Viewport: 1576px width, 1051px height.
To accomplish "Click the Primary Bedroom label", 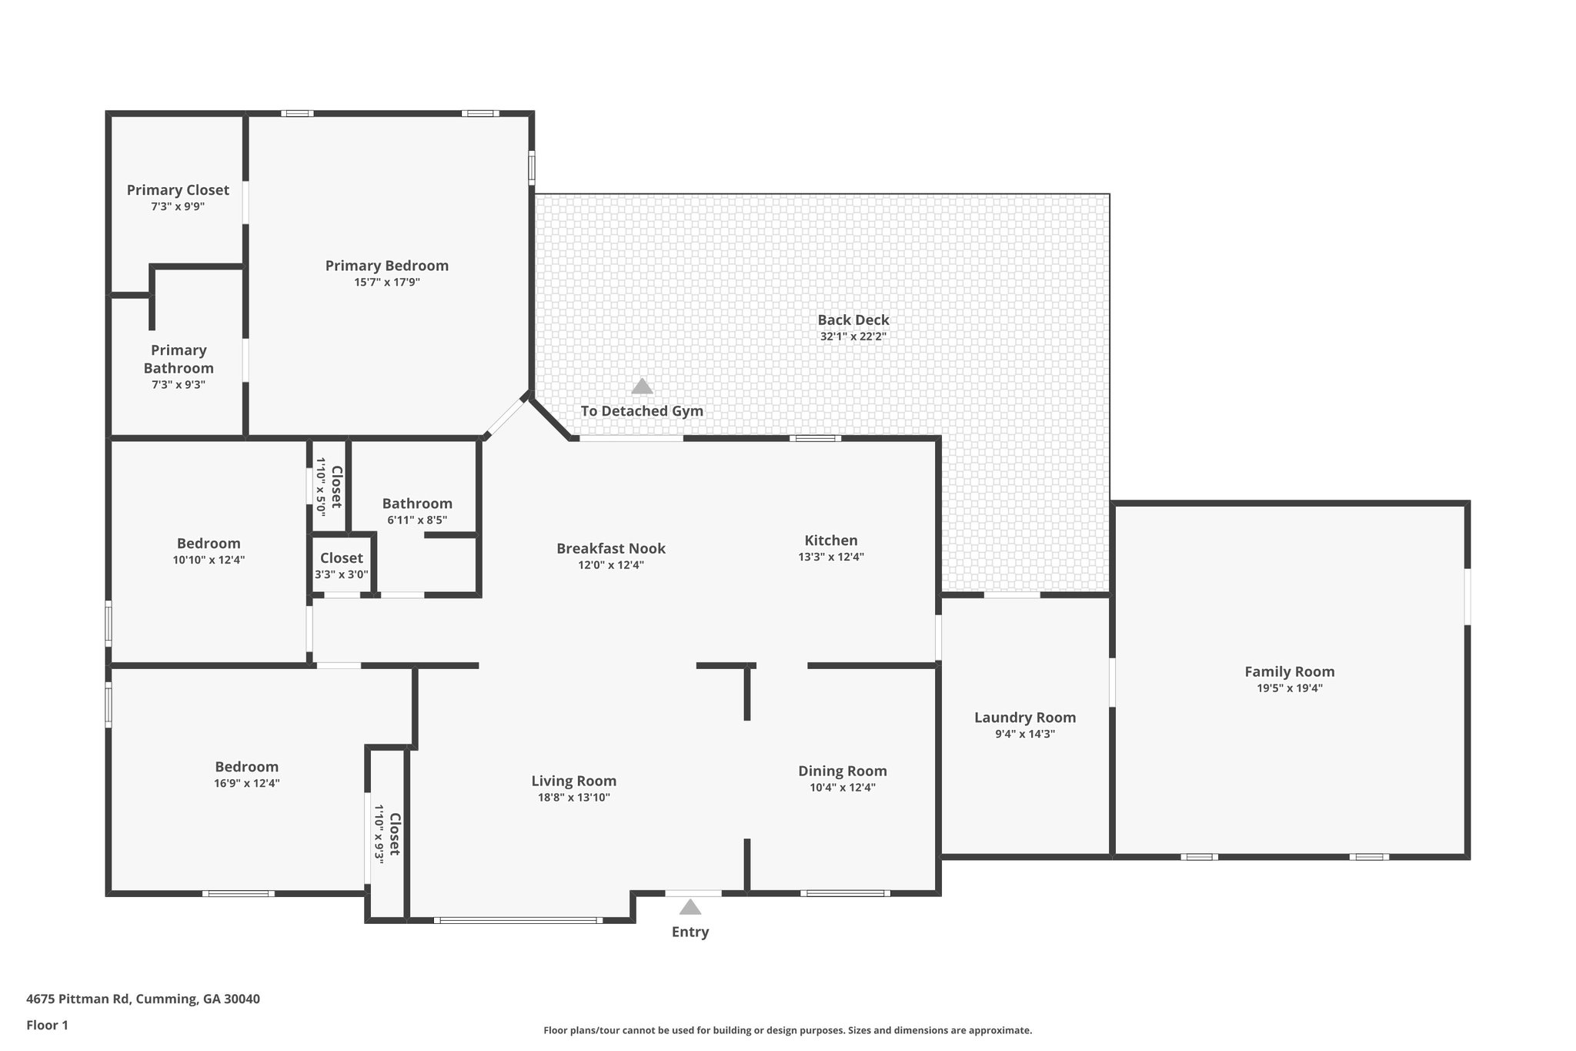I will click(386, 266).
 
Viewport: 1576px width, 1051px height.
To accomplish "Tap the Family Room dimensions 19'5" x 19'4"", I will click(1289, 688).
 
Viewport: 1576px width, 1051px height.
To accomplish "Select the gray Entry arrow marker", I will click(690, 907).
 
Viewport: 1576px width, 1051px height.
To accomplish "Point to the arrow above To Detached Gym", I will click(642, 387).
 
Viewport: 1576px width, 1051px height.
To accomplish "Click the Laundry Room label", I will click(1024, 718).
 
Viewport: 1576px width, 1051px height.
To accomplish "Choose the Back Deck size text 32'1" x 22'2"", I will click(853, 336).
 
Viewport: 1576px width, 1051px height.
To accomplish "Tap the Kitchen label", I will click(830, 541).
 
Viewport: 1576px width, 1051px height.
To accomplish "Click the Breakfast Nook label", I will click(610, 548).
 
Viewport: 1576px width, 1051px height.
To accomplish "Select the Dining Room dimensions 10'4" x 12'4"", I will click(842, 788).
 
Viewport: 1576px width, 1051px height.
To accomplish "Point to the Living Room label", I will click(573, 781).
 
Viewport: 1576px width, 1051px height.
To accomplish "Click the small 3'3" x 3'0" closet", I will click(341, 566).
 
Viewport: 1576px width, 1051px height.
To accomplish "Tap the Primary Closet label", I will click(178, 190).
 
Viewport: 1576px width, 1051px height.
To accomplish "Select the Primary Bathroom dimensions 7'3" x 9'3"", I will click(178, 385).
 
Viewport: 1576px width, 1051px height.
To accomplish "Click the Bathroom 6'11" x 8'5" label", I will click(417, 504).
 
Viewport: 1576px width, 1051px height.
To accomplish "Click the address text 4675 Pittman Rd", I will click(143, 999).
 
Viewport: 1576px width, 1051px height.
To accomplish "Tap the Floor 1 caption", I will click(47, 1025).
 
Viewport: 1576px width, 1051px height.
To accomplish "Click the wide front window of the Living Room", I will click(517, 920).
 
